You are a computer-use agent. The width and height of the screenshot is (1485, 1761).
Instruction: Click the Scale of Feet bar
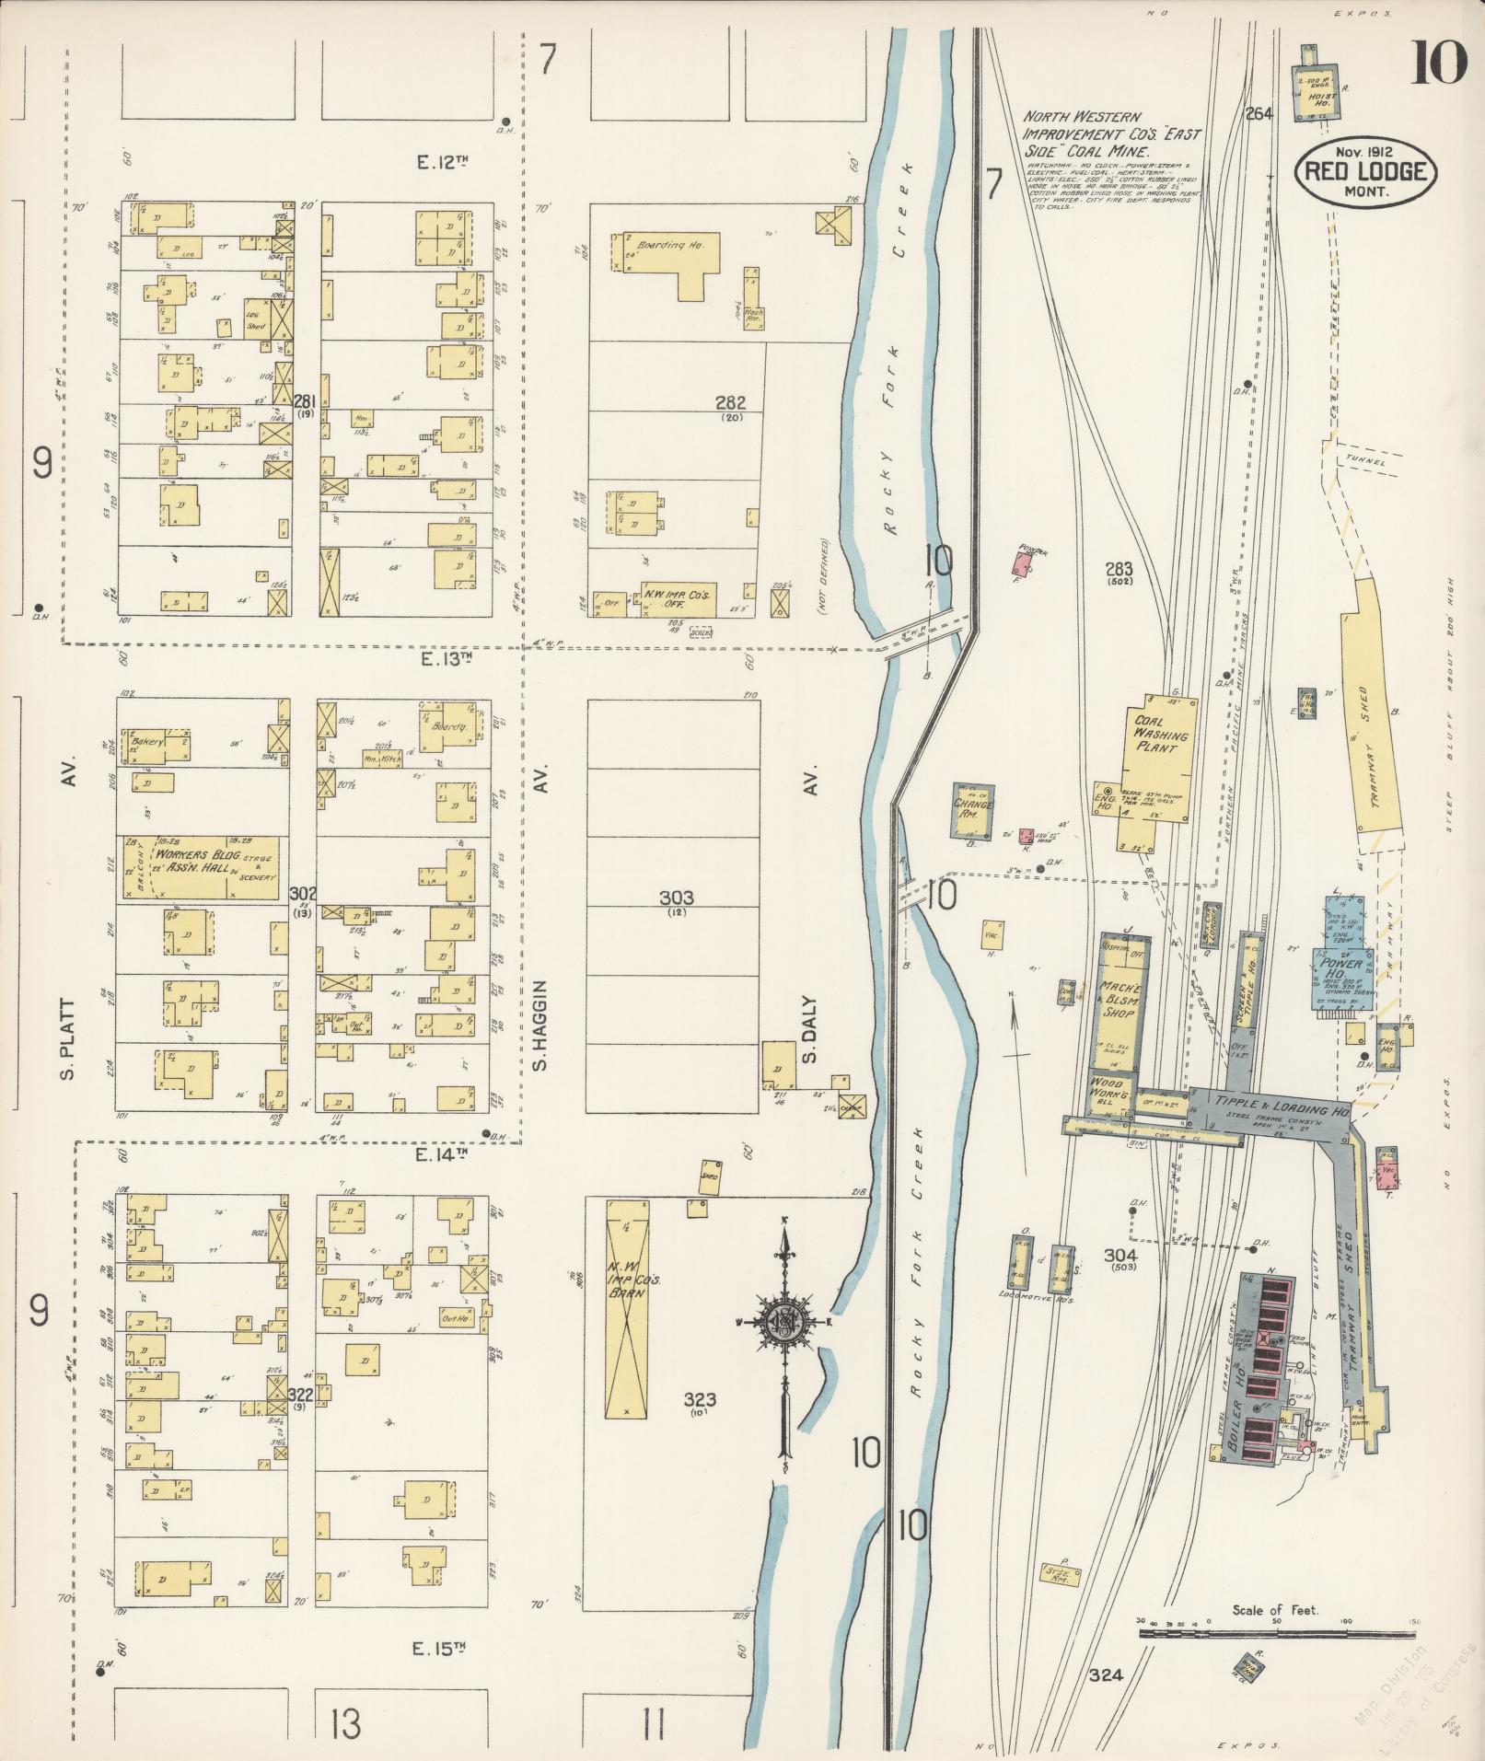(x=1276, y=1633)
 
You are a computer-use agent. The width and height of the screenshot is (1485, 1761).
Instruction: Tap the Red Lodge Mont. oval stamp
(x=1365, y=171)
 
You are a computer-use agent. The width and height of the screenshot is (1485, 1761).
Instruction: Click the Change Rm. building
(x=975, y=810)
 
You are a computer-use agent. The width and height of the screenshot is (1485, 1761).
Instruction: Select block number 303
(x=676, y=898)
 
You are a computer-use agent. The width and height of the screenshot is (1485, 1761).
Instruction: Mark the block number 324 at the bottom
(x=1105, y=1675)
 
